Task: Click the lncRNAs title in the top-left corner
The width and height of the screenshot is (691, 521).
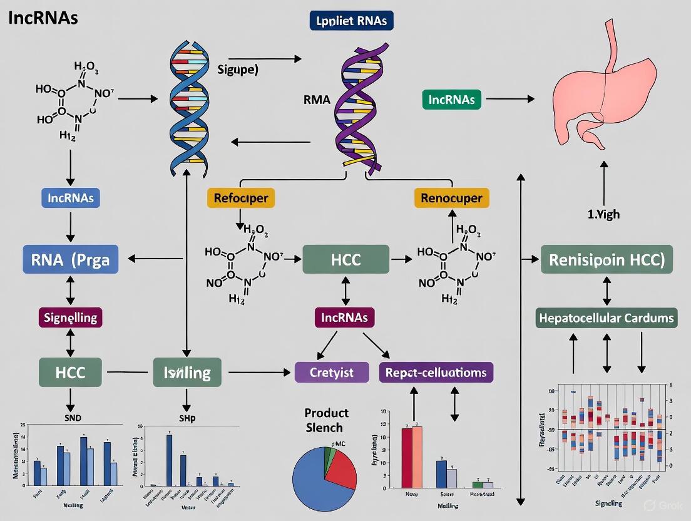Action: click(43, 18)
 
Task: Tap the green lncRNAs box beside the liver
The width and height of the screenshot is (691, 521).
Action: click(451, 99)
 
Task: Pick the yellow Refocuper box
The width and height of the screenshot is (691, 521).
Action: click(240, 198)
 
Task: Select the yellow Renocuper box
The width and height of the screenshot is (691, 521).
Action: click(451, 198)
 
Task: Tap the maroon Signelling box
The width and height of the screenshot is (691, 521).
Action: click(70, 317)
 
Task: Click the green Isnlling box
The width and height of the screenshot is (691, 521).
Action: click(187, 373)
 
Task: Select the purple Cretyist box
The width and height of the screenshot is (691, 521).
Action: click(332, 373)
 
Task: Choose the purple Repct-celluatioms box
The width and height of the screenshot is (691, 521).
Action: click(436, 373)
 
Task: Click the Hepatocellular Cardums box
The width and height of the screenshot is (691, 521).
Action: click(607, 318)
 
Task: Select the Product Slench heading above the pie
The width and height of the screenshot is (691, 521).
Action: click(327, 420)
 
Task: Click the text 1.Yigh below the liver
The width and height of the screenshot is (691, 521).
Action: click(604, 214)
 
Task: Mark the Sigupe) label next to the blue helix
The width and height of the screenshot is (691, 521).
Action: click(238, 70)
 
